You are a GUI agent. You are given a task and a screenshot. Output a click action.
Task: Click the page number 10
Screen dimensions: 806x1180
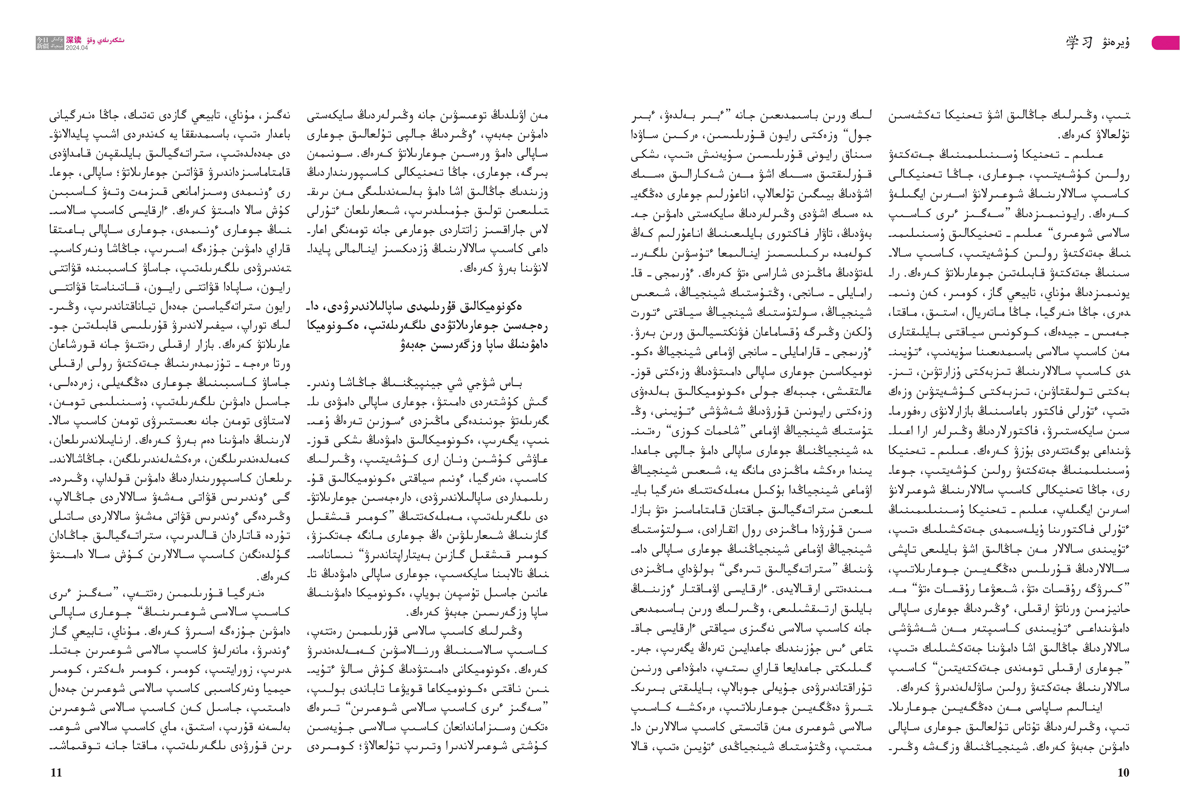click(x=1123, y=773)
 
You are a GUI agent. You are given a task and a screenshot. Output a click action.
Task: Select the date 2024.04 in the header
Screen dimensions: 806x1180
click(x=77, y=48)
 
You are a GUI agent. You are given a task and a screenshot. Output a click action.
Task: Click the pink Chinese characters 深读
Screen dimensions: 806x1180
click(x=73, y=40)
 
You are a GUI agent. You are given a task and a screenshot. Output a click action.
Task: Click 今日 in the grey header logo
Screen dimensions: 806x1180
click(x=43, y=39)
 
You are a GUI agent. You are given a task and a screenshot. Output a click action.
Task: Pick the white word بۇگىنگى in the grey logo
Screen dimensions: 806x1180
click(x=57, y=39)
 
